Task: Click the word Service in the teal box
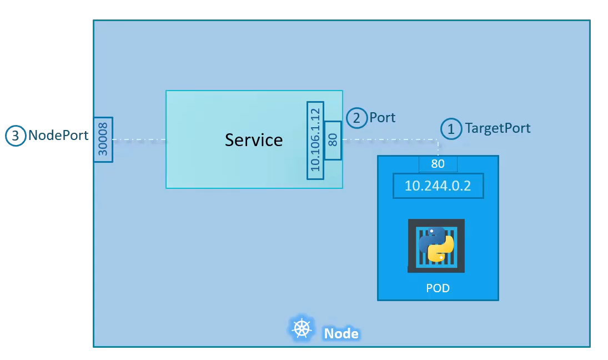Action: pyautogui.click(x=254, y=139)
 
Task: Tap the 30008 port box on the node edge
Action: pyautogui.click(x=104, y=139)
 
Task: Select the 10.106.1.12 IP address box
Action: pyautogui.click(x=315, y=140)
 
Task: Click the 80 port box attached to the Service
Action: pyautogui.click(x=333, y=140)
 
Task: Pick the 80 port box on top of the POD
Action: pyautogui.click(x=438, y=164)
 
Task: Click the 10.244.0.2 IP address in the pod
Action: pyautogui.click(x=438, y=186)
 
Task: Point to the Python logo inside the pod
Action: pyautogui.click(x=436, y=244)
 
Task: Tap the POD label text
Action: pyautogui.click(x=438, y=288)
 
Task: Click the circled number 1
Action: pyautogui.click(x=451, y=129)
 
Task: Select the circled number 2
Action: pyautogui.click(x=356, y=118)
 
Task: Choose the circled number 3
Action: pyautogui.click(x=16, y=136)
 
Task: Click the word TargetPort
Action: pyautogui.click(x=498, y=128)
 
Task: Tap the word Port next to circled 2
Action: pyautogui.click(x=383, y=118)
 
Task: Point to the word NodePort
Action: pyautogui.click(x=58, y=136)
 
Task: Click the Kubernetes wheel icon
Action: pyautogui.click(x=302, y=328)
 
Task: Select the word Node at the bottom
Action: pyautogui.click(x=341, y=333)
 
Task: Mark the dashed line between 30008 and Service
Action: pyautogui.click(x=139, y=140)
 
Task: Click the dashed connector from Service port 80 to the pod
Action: pyautogui.click(x=389, y=140)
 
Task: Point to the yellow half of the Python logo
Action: pyautogui.click(x=443, y=250)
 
